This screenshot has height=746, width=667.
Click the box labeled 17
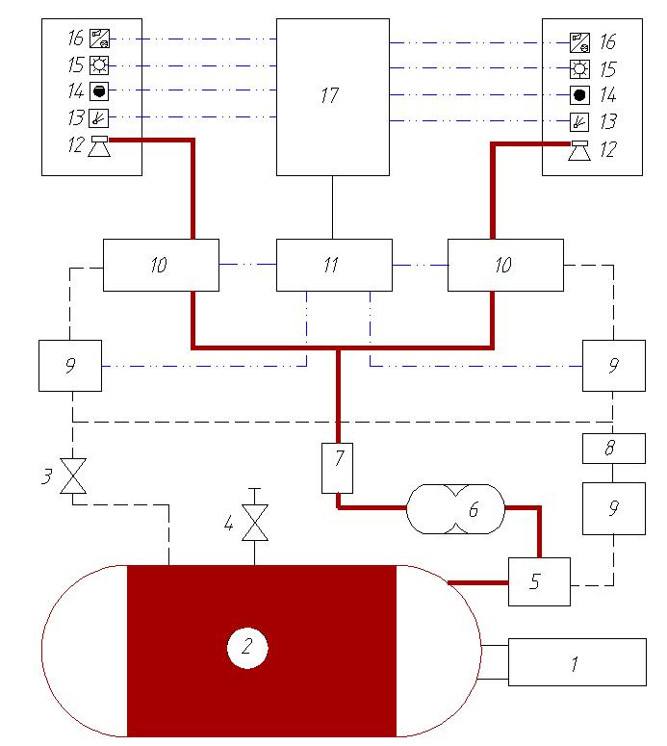pos(333,96)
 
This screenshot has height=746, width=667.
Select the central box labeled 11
pos(333,265)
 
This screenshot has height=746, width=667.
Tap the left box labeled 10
pos(160,265)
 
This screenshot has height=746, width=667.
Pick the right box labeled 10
pos(504,265)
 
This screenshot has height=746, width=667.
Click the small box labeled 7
pos(339,467)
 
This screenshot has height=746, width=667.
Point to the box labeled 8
pos(613,448)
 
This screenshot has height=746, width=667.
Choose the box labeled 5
pos(539,581)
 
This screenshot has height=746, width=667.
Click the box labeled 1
pos(577,662)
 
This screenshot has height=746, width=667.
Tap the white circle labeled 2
pos(246,649)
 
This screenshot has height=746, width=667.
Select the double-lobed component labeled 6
pos(455,508)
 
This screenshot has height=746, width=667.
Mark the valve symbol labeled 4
pos(254,523)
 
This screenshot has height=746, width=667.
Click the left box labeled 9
pos(70,365)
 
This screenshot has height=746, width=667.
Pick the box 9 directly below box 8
pos(613,507)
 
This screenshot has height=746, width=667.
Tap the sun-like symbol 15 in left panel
pos(99,65)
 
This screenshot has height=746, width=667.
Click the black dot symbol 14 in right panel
pos(578,94)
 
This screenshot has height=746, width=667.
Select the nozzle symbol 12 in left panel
pos(99,145)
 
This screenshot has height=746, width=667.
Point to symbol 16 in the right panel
pos(578,41)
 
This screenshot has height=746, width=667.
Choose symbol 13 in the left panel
pos(99,118)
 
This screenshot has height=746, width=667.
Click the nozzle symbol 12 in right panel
pos(578,150)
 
